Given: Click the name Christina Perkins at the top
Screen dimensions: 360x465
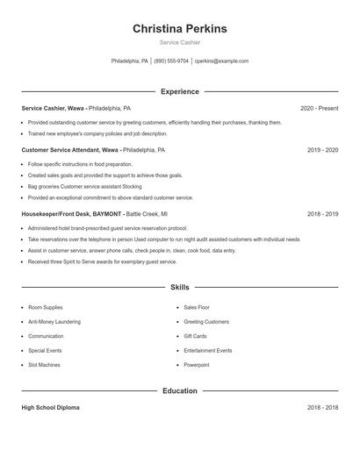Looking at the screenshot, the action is [x=179, y=29].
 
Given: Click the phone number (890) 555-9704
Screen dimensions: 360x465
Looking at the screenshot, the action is [x=171, y=61].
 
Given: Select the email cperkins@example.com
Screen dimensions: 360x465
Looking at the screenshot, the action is [x=221, y=61].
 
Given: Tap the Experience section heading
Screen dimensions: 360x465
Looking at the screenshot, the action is [x=179, y=91].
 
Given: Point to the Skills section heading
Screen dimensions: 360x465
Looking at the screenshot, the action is [x=179, y=287].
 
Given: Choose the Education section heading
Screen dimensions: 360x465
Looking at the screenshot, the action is [x=179, y=390].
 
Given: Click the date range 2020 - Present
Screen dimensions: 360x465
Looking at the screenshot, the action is [x=319, y=108].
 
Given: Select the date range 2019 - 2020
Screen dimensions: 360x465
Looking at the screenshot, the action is [x=322, y=150].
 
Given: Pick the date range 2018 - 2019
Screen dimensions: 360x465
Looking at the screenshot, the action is [x=322, y=213].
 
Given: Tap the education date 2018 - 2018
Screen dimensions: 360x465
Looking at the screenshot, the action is [x=322, y=408].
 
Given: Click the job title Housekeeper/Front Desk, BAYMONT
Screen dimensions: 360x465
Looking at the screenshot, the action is [x=72, y=213].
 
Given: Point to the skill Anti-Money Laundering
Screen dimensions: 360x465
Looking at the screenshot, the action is [x=54, y=322].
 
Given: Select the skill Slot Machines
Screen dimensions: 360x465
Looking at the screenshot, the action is [x=44, y=364].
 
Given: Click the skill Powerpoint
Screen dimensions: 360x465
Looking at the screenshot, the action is [x=197, y=364].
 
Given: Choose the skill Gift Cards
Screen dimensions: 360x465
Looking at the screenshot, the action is [x=195, y=336].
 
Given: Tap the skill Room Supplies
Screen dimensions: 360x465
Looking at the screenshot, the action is [x=46, y=308].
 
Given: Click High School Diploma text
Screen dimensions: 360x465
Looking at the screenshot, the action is [x=50, y=408].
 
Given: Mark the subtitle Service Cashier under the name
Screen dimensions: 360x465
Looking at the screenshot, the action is [x=179, y=42].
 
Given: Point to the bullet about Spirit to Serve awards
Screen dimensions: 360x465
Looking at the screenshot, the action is [x=102, y=261].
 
